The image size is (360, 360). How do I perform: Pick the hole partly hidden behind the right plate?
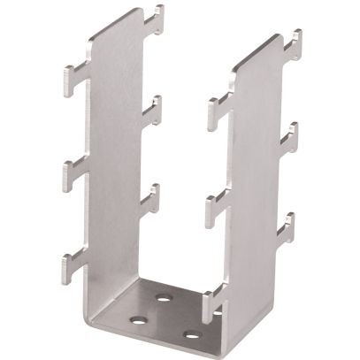217,314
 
